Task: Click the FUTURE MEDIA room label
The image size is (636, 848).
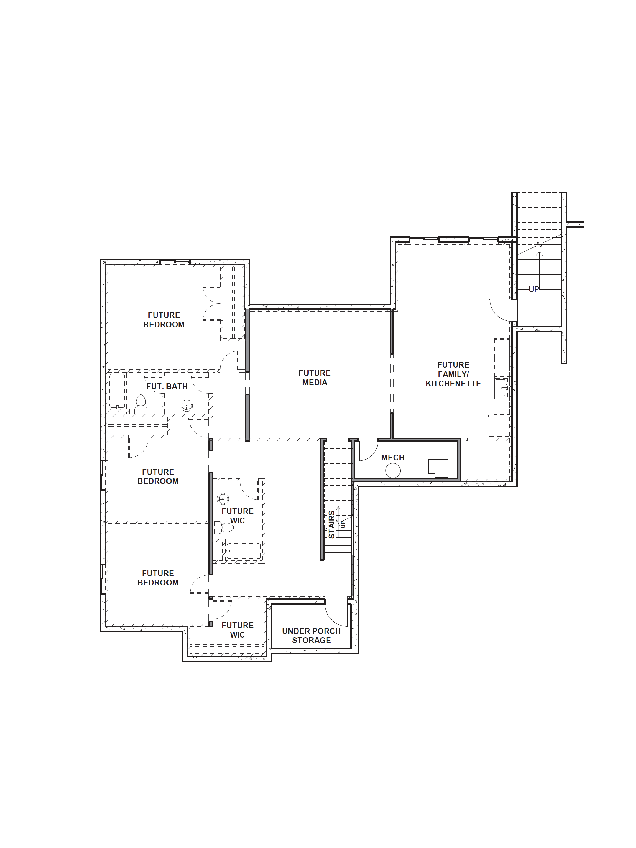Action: [x=314, y=378]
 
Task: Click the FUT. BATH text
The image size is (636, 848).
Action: [x=167, y=386]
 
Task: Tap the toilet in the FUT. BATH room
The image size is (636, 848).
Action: [x=141, y=404]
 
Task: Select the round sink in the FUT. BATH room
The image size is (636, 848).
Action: [x=187, y=405]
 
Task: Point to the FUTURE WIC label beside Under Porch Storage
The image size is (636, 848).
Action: [x=237, y=630]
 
